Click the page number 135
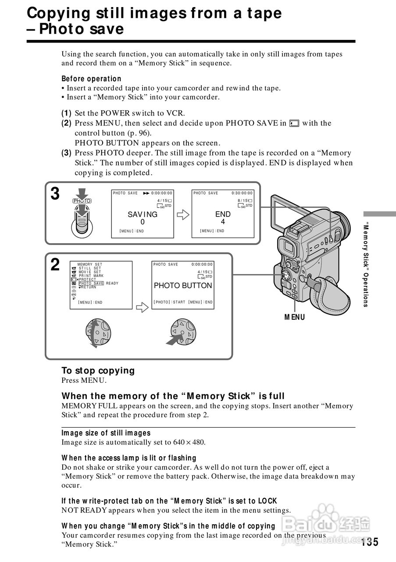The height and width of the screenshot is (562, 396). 370,542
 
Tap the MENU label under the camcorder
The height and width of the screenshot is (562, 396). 294,317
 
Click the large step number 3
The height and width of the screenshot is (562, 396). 55,194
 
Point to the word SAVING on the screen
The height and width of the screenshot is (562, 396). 143,214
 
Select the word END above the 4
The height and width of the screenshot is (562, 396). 223,214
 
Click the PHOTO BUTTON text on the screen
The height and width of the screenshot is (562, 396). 183,285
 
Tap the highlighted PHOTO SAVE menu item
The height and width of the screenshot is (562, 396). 91,283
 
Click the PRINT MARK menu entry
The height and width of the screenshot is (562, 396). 91,276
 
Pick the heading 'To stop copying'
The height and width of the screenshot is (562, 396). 98,371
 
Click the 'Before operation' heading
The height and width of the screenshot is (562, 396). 91,79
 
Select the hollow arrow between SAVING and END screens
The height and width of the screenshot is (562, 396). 182,215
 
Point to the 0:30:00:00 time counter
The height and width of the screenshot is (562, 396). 242,193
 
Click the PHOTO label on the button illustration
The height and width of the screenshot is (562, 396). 82,201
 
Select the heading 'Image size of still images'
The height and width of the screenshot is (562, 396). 106,433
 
